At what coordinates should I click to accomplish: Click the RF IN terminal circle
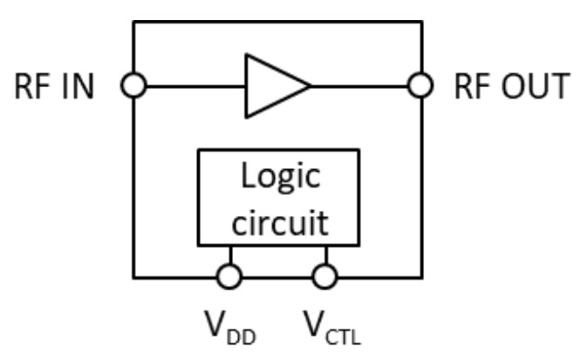[x=134, y=85]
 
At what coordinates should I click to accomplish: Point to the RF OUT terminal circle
[x=420, y=85]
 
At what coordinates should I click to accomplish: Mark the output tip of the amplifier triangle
[x=310, y=85]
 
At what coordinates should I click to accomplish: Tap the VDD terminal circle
[x=229, y=277]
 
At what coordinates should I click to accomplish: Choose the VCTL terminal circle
[x=325, y=277]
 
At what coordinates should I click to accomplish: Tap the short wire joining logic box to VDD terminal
[x=229, y=255]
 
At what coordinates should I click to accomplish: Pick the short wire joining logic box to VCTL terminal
[x=325, y=255]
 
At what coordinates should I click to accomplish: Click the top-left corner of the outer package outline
[x=134, y=22]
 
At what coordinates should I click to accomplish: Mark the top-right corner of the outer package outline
[x=421, y=22]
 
